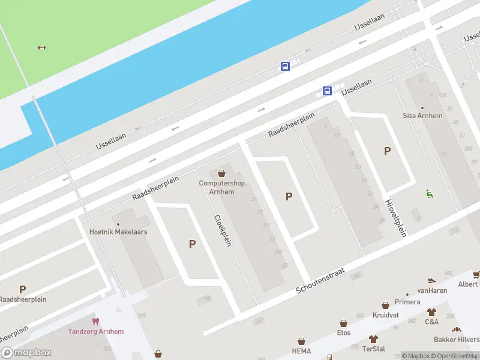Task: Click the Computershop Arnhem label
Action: (x=222, y=187)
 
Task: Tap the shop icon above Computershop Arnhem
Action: (x=222, y=173)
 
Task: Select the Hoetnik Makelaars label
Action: (x=118, y=232)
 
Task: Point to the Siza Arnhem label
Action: (x=422, y=116)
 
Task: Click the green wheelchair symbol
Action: (x=429, y=193)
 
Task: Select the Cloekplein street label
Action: (x=223, y=230)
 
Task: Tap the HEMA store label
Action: (x=301, y=350)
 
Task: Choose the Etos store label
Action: (x=344, y=332)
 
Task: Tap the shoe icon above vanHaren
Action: (x=431, y=280)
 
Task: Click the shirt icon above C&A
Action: (x=431, y=312)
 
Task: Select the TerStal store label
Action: (x=374, y=349)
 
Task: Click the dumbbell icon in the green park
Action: (x=41, y=48)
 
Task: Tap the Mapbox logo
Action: (x=26, y=353)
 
